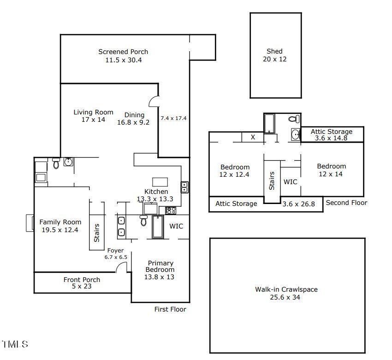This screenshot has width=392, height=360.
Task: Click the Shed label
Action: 274,51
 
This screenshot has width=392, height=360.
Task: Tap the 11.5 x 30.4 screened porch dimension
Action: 124,60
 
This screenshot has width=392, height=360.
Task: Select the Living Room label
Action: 93,112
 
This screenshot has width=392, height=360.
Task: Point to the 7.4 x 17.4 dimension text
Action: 173,118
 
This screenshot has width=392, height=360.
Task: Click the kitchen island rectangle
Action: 160,182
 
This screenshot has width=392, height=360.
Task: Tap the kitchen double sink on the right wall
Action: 185,187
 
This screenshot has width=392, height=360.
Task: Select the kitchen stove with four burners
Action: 171,210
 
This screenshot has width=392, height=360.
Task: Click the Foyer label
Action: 115,251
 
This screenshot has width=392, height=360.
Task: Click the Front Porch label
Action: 82,280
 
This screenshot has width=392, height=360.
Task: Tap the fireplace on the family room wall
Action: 30,223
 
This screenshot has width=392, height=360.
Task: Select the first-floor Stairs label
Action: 96,233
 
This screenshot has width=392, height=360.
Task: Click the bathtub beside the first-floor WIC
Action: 158,227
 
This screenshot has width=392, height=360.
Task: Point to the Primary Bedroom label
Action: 160,266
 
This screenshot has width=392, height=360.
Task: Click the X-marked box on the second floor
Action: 253,137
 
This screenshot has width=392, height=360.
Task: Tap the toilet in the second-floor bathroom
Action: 294,119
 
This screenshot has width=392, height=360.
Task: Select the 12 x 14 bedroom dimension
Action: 331,174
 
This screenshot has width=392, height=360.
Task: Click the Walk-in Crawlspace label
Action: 286,289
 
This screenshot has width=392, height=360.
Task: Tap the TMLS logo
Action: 15,344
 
